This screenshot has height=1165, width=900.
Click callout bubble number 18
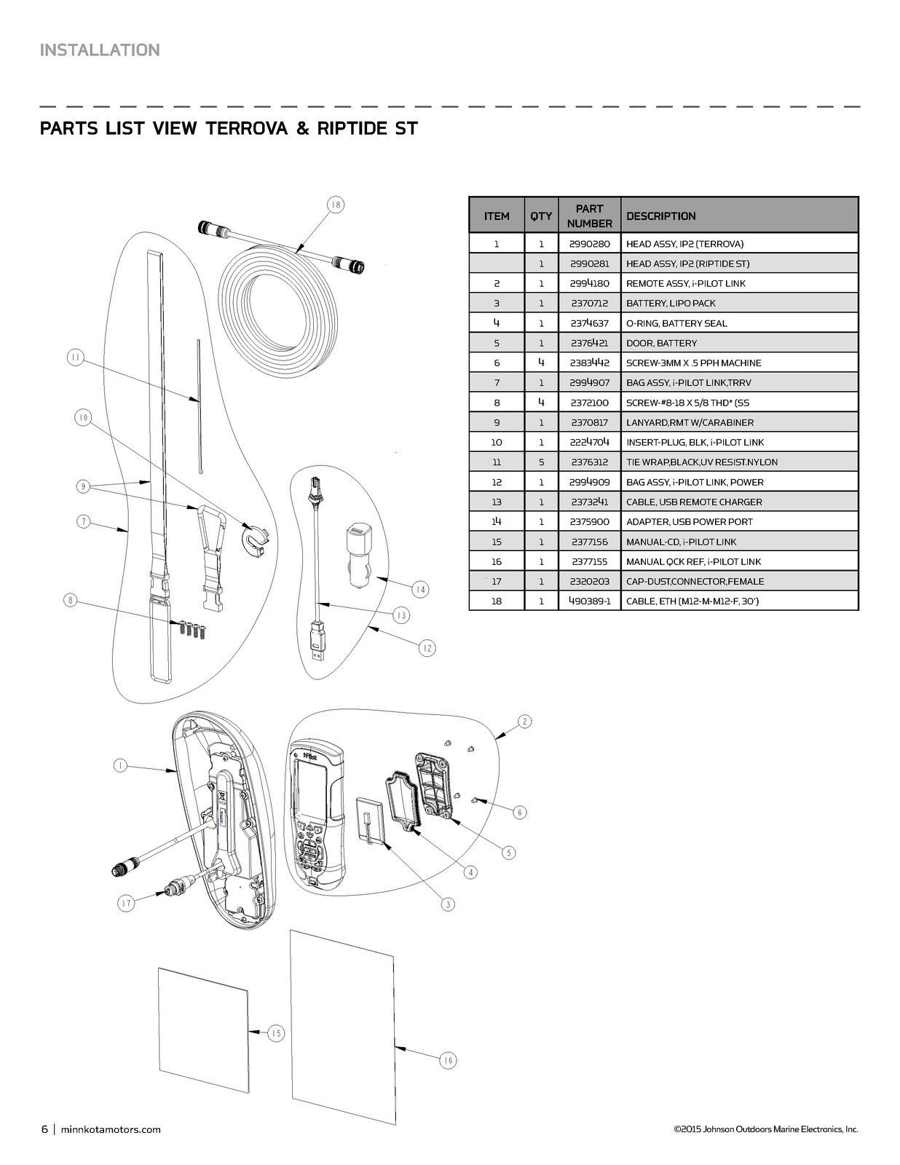(335, 205)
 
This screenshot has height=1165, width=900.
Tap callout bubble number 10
(84, 417)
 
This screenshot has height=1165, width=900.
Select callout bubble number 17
(127, 904)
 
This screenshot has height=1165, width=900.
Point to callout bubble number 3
(448, 904)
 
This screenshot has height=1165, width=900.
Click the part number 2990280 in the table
(589, 244)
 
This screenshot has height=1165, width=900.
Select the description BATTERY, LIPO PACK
(671, 303)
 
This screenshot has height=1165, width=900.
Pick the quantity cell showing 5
(541, 462)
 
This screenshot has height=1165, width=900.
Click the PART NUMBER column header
(589, 216)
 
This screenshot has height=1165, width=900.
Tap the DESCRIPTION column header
(660, 216)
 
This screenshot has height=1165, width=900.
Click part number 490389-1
(589, 601)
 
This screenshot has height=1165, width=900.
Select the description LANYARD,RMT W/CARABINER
(690, 422)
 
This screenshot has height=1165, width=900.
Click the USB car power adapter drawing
(356, 546)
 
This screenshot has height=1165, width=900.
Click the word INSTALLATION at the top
(100, 50)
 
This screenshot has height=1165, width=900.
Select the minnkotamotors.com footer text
(110, 1129)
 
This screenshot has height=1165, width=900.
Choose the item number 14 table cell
(497, 521)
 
